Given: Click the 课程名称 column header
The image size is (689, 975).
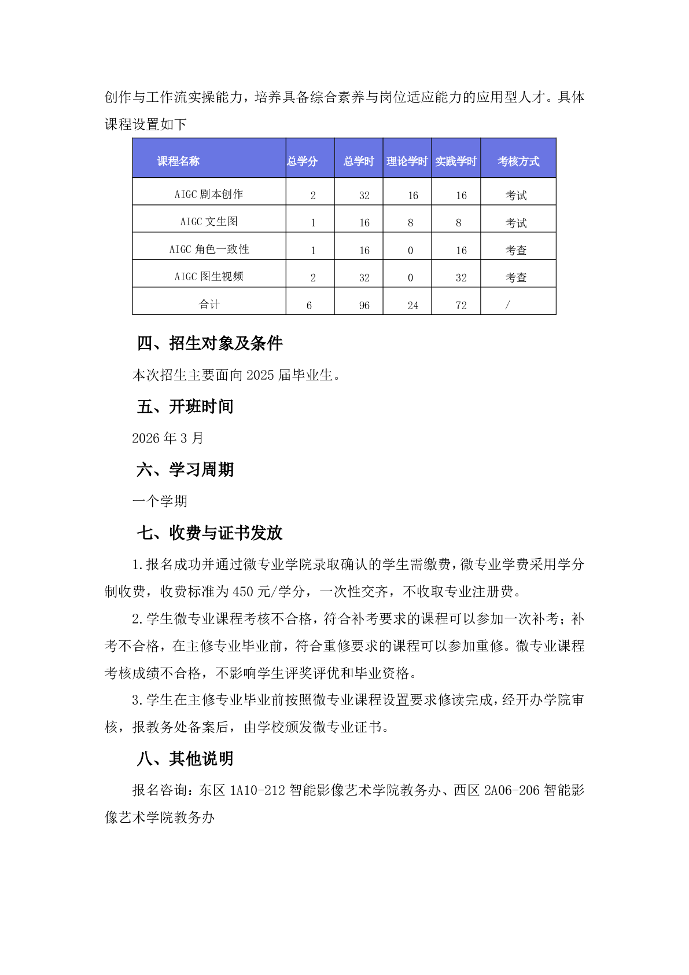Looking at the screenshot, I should (x=178, y=161).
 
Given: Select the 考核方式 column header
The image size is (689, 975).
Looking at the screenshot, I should (x=518, y=161).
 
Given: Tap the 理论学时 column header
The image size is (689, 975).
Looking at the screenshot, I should (x=407, y=161).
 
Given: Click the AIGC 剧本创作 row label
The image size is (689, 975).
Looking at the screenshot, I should (x=209, y=194).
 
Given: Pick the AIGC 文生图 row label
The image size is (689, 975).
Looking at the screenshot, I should (x=209, y=221).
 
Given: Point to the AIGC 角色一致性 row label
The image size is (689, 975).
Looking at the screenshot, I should (x=209, y=249).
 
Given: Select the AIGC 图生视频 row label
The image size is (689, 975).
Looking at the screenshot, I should (x=209, y=276).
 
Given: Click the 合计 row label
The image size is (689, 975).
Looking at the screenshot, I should (x=209, y=304).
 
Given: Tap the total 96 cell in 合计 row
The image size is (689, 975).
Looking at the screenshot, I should (x=364, y=305).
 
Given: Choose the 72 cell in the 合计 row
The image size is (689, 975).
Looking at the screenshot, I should (x=461, y=305).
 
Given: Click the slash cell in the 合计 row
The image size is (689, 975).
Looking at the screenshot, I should (x=508, y=305).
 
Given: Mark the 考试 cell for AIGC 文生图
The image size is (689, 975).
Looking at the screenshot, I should (x=516, y=223).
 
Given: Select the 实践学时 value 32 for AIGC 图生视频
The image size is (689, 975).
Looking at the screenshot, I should (x=461, y=278).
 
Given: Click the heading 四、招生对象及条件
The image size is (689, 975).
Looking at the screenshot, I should (x=210, y=343).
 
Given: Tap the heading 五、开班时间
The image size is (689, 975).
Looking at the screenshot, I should (x=185, y=406).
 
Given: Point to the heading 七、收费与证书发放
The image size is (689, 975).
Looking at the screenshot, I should (x=209, y=533).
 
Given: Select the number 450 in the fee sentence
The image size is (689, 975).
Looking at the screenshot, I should (x=243, y=592).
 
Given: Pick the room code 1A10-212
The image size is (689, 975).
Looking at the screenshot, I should (x=257, y=790).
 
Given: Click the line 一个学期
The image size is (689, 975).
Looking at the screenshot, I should (x=160, y=501).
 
